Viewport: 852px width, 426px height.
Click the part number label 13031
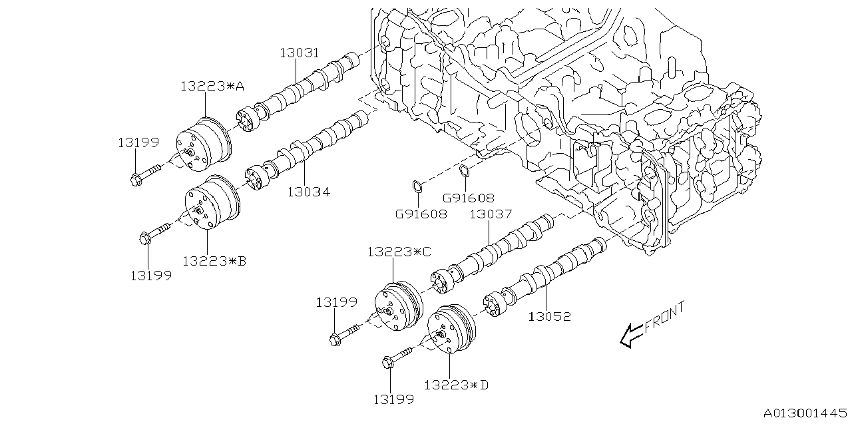coord(299,53)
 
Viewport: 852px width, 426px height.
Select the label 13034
coord(309,192)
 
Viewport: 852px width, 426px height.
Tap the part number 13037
coord(491,214)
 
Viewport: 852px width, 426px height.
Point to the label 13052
coord(549,317)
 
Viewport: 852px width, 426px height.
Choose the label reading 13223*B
coord(214,261)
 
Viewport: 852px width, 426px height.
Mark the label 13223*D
coord(456,384)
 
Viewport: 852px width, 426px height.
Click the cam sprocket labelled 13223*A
coord(203,142)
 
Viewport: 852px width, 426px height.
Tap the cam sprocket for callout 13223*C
coord(397,307)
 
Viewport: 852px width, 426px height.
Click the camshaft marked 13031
coord(306,87)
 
